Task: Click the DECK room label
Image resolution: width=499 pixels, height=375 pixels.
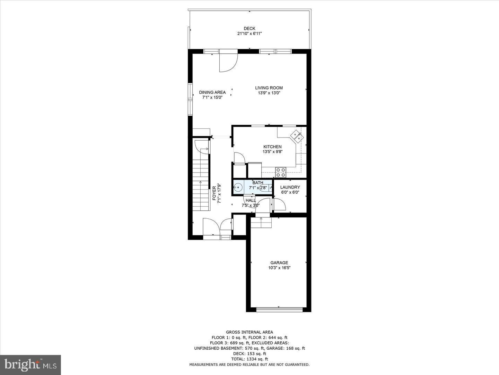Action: click(x=249, y=28)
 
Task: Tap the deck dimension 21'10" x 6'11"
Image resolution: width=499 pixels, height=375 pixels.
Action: click(x=249, y=34)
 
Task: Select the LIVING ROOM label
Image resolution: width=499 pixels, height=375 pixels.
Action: click(x=269, y=88)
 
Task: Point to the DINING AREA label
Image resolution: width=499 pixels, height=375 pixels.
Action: click(x=212, y=92)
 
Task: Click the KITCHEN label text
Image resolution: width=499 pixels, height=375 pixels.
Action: click(x=272, y=147)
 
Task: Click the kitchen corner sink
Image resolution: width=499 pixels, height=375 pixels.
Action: click(x=297, y=136)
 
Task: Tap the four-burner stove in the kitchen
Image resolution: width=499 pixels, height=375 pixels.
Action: click(x=280, y=172)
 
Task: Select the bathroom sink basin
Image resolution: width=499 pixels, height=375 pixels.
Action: click(x=238, y=188)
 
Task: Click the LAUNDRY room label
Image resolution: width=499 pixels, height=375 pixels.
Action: click(x=290, y=187)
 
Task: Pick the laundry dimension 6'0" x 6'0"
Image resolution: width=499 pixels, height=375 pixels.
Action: click(x=290, y=192)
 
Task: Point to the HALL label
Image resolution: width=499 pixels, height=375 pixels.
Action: click(x=251, y=200)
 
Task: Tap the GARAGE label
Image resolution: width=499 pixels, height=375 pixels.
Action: click(x=279, y=263)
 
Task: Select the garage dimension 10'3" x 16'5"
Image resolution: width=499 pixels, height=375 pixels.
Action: click(x=279, y=268)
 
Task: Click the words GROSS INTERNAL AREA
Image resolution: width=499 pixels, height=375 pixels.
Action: click(x=249, y=332)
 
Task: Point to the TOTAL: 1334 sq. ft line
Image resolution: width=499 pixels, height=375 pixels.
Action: click(x=249, y=359)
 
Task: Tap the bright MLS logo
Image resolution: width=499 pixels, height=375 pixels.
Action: click(x=30, y=365)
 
